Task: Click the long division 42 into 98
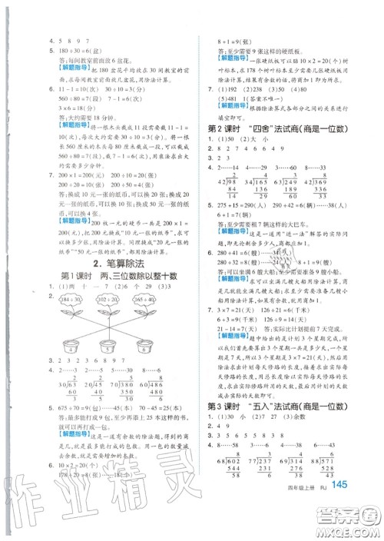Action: (x=227, y=164)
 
